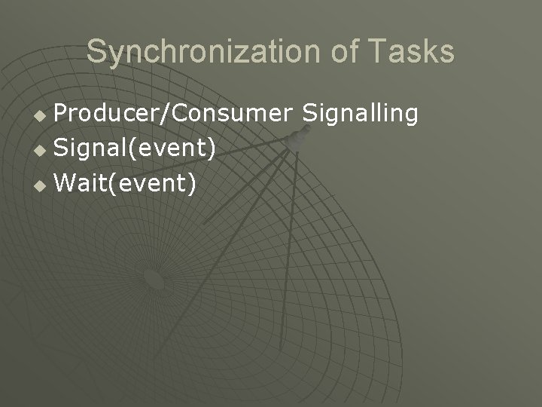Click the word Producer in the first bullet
coord(104,114)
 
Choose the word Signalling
coord(360,114)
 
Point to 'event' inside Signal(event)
coord(174,148)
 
